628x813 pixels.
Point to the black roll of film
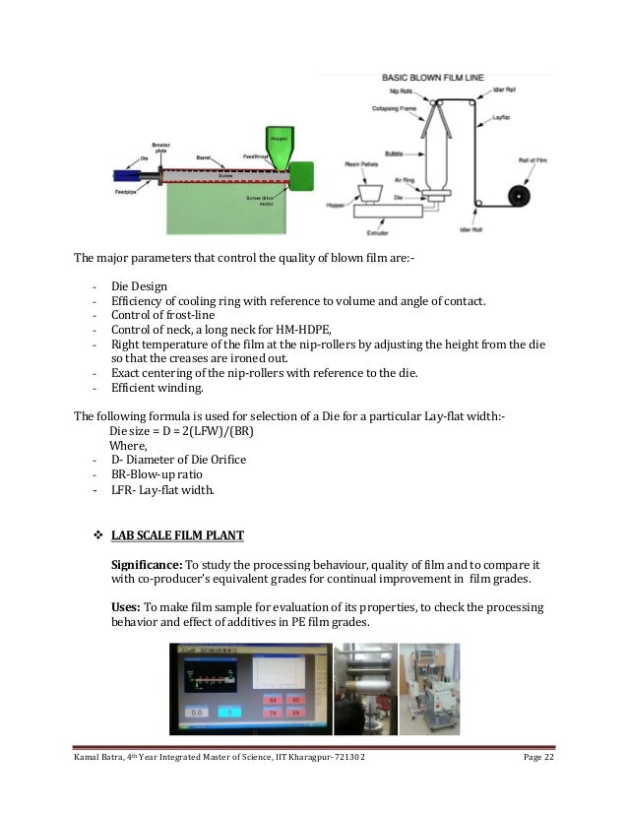[x=518, y=195]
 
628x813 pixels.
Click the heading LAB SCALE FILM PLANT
[x=177, y=534]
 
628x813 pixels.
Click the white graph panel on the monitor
[x=280, y=673]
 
